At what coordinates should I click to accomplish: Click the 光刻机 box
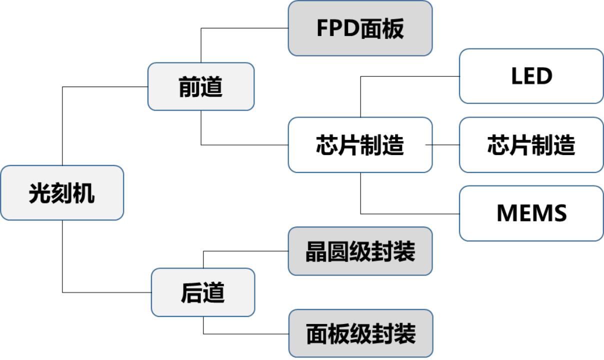click(x=62, y=193)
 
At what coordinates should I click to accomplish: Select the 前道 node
click(x=201, y=87)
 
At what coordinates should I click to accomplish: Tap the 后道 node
click(x=203, y=292)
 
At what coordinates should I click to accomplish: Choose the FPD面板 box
click(x=360, y=28)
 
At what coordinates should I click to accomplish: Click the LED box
click(x=531, y=76)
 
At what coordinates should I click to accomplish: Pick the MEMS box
click(x=531, y=213)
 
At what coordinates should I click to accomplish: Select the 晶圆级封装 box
click(x=360, y=251)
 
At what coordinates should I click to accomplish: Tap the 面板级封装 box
click(x=360, y=333)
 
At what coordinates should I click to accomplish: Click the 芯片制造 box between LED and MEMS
click(x=531, y=145)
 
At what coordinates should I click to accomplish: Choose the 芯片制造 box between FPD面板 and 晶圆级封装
click(x=360, y=145)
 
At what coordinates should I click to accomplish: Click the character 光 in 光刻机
click(x=39, y=193)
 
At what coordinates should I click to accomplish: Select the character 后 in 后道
click(x=191, y=293)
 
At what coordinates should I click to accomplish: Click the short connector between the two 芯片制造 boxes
click(x=429, y=145)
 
